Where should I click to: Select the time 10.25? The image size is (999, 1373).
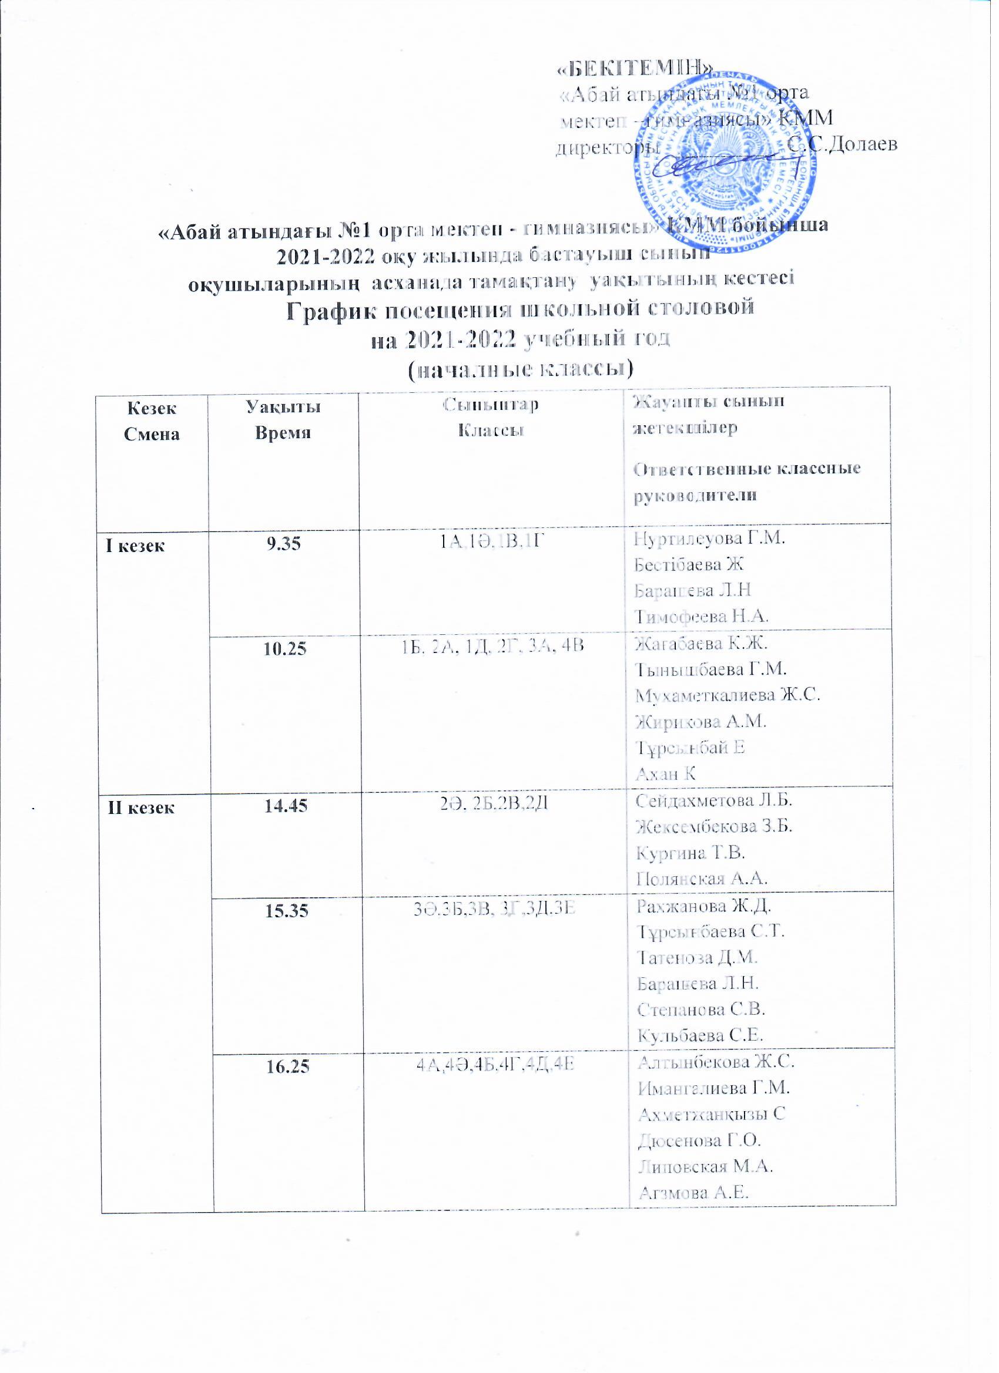click(x=284, y=648)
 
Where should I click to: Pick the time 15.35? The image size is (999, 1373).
click(x=287, y=910)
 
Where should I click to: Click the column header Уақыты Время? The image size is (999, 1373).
click(x=283, y=419)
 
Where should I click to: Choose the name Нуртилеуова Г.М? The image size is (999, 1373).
click(x=709, y=537)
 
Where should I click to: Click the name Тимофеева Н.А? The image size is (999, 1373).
click(x=701, y=616)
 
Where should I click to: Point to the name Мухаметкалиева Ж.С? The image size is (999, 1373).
click(x=728, y=695)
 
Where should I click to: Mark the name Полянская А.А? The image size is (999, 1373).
click(x=706, y=878)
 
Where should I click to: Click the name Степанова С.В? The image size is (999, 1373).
click(x=702, y=1009)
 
